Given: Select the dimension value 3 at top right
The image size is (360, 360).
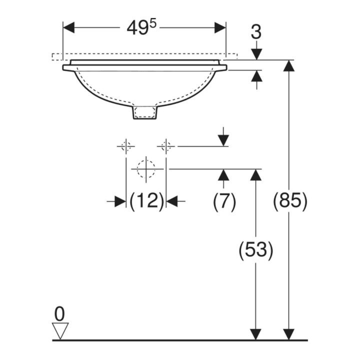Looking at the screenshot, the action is tap(256, 32).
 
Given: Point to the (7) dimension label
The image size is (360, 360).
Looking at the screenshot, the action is tap(224, 201).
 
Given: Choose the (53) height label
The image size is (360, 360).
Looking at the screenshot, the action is tap(256, 250).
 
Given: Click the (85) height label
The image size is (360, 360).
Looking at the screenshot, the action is tap(289, 200).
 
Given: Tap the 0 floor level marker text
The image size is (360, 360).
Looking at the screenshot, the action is tap(59, 314).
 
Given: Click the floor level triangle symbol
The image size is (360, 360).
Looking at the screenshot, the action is tap(60, 330).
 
